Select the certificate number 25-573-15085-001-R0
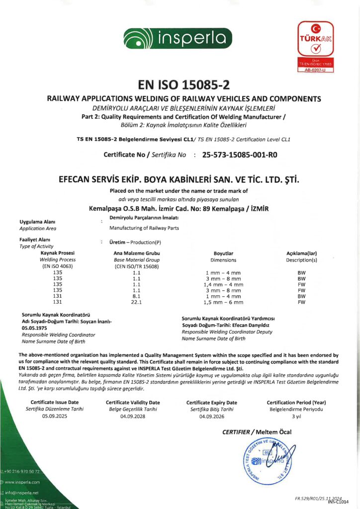click(240, 155)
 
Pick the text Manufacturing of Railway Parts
click(144, 228)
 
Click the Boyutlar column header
click(223, 253)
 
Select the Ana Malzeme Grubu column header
click(137, 253)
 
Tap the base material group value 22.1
click(137, 302)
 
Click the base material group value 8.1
click(137, 296)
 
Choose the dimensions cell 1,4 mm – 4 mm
click(223, 284)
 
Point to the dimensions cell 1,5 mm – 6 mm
click(223, 302)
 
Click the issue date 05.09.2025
click(55, 416)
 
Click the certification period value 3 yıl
click(296, 416)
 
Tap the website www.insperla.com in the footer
click(22, 482)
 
